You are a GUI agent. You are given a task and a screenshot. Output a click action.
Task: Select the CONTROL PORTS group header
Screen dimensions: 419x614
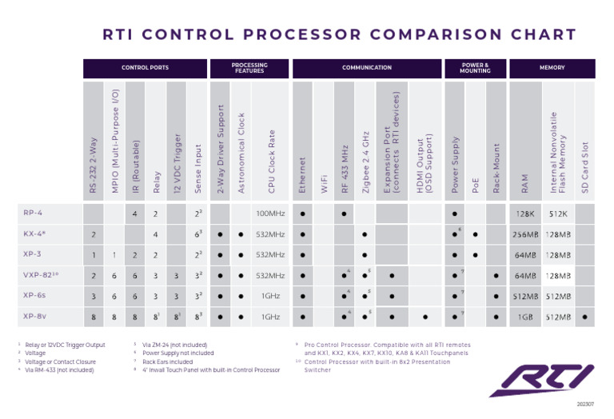pyautogui.click(x=145, y=69)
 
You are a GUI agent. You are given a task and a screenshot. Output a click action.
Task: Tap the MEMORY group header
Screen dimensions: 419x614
pyautogui.click(x=552, y=69)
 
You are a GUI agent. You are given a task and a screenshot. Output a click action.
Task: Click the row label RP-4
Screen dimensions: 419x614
pyautogui.click(x=34, y=213)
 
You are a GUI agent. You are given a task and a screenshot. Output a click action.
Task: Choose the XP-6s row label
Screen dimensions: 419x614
pyautogui.click(x=35, y=295)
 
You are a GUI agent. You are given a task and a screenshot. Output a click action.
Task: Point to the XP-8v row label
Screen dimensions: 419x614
pyautogui.click(x=35, y=316)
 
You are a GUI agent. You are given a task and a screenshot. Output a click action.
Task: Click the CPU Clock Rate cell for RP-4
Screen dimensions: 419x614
pyautogui.click(x=270, y=214)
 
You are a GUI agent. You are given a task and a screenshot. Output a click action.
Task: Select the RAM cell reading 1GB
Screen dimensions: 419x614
pyautogui.click(x=524, y=317)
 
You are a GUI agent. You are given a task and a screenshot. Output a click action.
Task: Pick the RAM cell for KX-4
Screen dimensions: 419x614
pyautogui.click(x=524, y=234)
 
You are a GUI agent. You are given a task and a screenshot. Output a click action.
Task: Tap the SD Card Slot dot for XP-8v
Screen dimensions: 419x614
pyautogui.click(x=584, y=317)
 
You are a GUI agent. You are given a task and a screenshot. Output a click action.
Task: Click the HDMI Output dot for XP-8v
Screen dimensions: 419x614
pyautogui.click(x=425, y=317)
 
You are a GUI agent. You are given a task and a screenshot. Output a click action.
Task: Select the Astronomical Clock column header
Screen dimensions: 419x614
pyautogui.click(x=241, y=152)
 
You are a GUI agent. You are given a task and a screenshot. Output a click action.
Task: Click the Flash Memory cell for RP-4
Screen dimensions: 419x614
pyautogui.click(x=558, y=214)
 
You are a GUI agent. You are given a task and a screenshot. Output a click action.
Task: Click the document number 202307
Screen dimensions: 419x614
pyautogui.click(x=586, y=404)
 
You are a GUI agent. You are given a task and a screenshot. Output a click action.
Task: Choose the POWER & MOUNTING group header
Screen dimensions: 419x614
pyautogui.click(x=475, y=69)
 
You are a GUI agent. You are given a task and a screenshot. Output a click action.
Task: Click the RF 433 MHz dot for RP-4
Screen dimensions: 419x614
pyautogui.click(x=344, y=214)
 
